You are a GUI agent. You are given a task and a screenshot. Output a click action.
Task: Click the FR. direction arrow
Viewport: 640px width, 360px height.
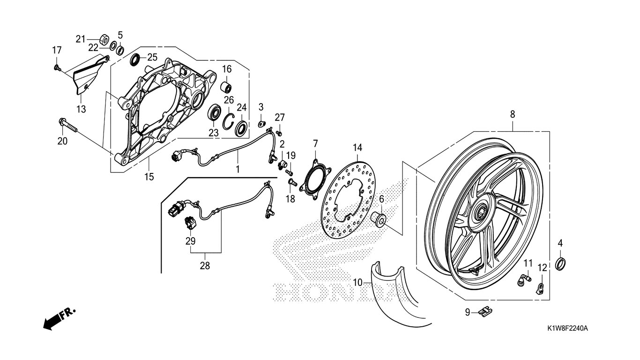(x=59, y=319)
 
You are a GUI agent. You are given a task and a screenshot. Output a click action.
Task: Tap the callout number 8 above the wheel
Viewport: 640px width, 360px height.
(x=513, y=114)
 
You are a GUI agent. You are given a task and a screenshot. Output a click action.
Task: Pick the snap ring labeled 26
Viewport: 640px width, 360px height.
(x=230, y=121)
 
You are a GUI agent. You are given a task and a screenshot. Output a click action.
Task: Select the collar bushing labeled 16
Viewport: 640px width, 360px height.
(x=226, y=87)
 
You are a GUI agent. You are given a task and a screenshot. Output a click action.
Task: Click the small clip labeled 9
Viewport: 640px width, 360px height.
(x=485, y=311)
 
